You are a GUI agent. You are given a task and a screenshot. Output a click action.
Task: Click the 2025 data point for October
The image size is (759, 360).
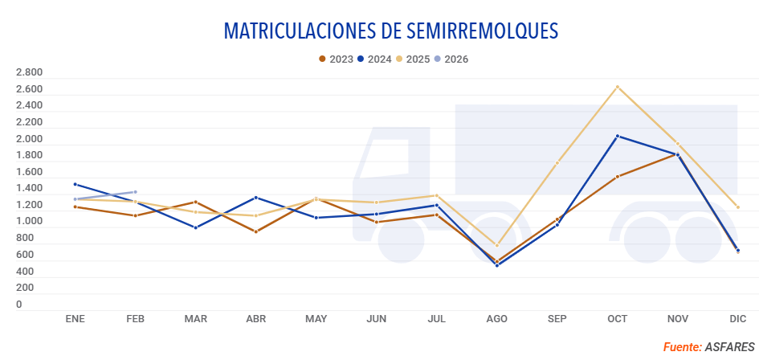click(617, 87)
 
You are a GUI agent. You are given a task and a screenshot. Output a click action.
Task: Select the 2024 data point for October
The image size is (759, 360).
click(617, 136)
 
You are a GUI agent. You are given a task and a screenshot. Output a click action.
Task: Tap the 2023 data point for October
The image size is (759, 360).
click(617, 177)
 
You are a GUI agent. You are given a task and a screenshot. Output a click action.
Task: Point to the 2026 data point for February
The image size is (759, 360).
click(135, 192)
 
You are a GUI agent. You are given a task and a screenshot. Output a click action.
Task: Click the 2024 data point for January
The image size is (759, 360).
click(75, 184)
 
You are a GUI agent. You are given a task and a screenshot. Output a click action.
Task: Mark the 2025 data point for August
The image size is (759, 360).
click(496, 245)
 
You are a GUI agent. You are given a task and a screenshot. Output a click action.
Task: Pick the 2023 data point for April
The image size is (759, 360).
click(255, 231)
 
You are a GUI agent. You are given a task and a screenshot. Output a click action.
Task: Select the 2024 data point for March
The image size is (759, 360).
click(195, 227)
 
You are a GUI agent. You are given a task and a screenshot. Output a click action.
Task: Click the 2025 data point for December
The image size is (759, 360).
click(737, 207)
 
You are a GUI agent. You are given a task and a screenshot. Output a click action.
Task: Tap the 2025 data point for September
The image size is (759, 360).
click(557, 162)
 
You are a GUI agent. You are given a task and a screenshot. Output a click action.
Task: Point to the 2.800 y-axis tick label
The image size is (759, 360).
click(29, 73)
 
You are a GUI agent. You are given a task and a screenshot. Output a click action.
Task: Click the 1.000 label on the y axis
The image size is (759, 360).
click(29, 222)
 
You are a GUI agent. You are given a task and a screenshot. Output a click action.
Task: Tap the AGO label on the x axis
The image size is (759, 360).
click(496, 319)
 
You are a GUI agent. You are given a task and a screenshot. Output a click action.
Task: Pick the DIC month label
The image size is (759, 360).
click(737, 319)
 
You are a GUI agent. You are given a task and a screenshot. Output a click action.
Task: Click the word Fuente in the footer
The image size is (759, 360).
click(681, 347)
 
